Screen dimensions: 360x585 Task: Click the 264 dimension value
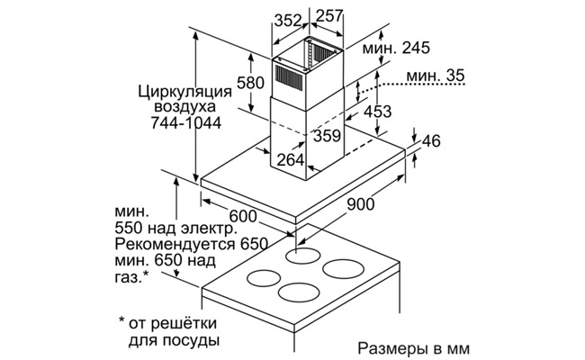tap(289, 160)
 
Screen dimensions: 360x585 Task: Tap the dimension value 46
tap(432, 141)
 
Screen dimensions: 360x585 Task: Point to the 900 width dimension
tap(360, 205)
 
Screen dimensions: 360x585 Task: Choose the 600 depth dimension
tap(242, 216)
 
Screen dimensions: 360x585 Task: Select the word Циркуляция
tap(179, 91)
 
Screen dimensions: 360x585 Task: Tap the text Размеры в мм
tap(413, 347)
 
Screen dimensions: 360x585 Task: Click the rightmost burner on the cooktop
tap(343, 269)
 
